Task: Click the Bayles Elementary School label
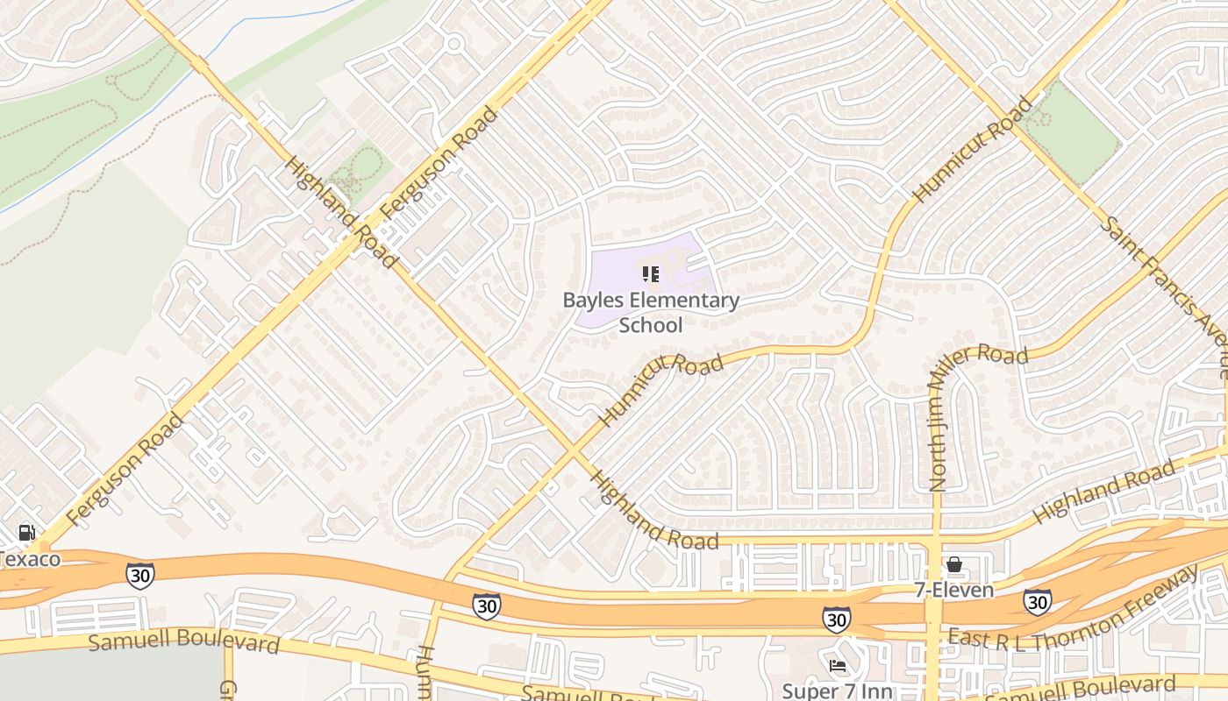click(x=651, y=313)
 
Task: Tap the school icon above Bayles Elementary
click(x=651, y=274)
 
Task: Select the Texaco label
click(x=31, y=559)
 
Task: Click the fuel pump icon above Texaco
click(x=27, y=533)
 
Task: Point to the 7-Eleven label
click(x=954, y=590)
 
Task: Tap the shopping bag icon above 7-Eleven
click(x=954, y=565)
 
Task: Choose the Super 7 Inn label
click(x=837, y=690)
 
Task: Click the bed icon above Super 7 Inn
click(x=837, y=666)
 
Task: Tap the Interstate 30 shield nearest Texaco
click(x=140, y=575)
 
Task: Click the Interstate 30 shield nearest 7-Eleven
click(x=1037, y=601)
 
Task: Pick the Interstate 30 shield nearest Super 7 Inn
click(x=836, y=620)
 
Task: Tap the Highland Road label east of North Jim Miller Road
click(x=1103, y=496)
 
